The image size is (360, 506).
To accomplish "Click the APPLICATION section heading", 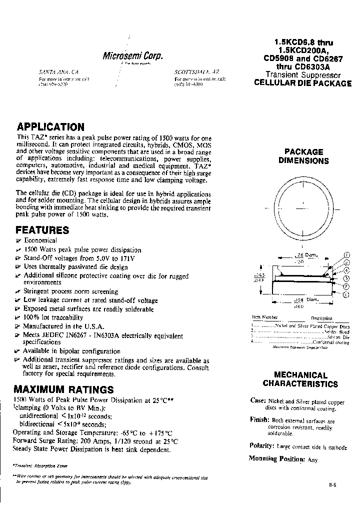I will [x=50, y=127].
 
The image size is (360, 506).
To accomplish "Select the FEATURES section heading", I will [x=42, y=230].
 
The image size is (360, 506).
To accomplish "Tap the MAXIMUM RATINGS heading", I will [x=63, y=389].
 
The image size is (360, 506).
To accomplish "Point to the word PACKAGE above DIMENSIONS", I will [x=303, y=151].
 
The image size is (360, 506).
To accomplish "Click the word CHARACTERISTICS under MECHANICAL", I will [x=300, y=384].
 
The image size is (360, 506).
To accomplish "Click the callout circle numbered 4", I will [x=346, y=270].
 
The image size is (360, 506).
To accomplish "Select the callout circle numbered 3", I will [x=346, y=278].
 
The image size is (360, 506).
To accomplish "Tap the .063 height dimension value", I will [x=260, y=275].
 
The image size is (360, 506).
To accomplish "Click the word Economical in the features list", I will [x=40, y=240].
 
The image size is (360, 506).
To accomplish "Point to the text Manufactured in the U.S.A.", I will [x=57, y=325].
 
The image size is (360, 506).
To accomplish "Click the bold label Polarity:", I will [x=260, y=445].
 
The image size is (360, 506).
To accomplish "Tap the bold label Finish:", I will [x=259, y=420].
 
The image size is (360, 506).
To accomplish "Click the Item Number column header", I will [x=264, y=317].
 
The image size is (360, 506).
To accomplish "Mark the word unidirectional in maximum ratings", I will [x=39, y=416].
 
